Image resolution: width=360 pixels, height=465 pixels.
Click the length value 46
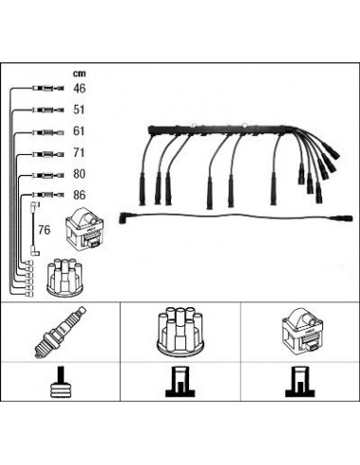click(x=79, y=88)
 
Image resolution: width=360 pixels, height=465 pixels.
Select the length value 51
click(x=79, y=110)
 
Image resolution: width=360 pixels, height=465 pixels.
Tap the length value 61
click(x=79, y=131)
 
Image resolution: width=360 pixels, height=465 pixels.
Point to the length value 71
click(x=79, y=153)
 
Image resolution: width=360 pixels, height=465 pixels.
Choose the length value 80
click(x=79, y=174)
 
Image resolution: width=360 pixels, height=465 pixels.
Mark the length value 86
click(x=79, y=195)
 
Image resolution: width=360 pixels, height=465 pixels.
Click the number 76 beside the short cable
click(x=44, y=230)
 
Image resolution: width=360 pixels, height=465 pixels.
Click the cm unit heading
click(x=79, y=74)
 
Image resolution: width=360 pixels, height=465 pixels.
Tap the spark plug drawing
click(x=60, y=333)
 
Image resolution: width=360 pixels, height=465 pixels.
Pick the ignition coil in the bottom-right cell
click(x=300, y=332)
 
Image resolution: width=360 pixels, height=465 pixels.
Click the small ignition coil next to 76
click(x=84, y=230)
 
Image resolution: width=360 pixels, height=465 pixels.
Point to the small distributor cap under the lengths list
click(x=65, y=277)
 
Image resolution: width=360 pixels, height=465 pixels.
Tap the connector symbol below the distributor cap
click(x=180, y=382)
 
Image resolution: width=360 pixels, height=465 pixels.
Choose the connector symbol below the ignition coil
click(x=300, y=382)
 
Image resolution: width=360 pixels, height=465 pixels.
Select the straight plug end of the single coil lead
click(x=342, y=218)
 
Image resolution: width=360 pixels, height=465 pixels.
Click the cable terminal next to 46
click(x=48, y=89)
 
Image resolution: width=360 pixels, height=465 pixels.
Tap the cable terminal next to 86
click(x=48, y=195)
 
